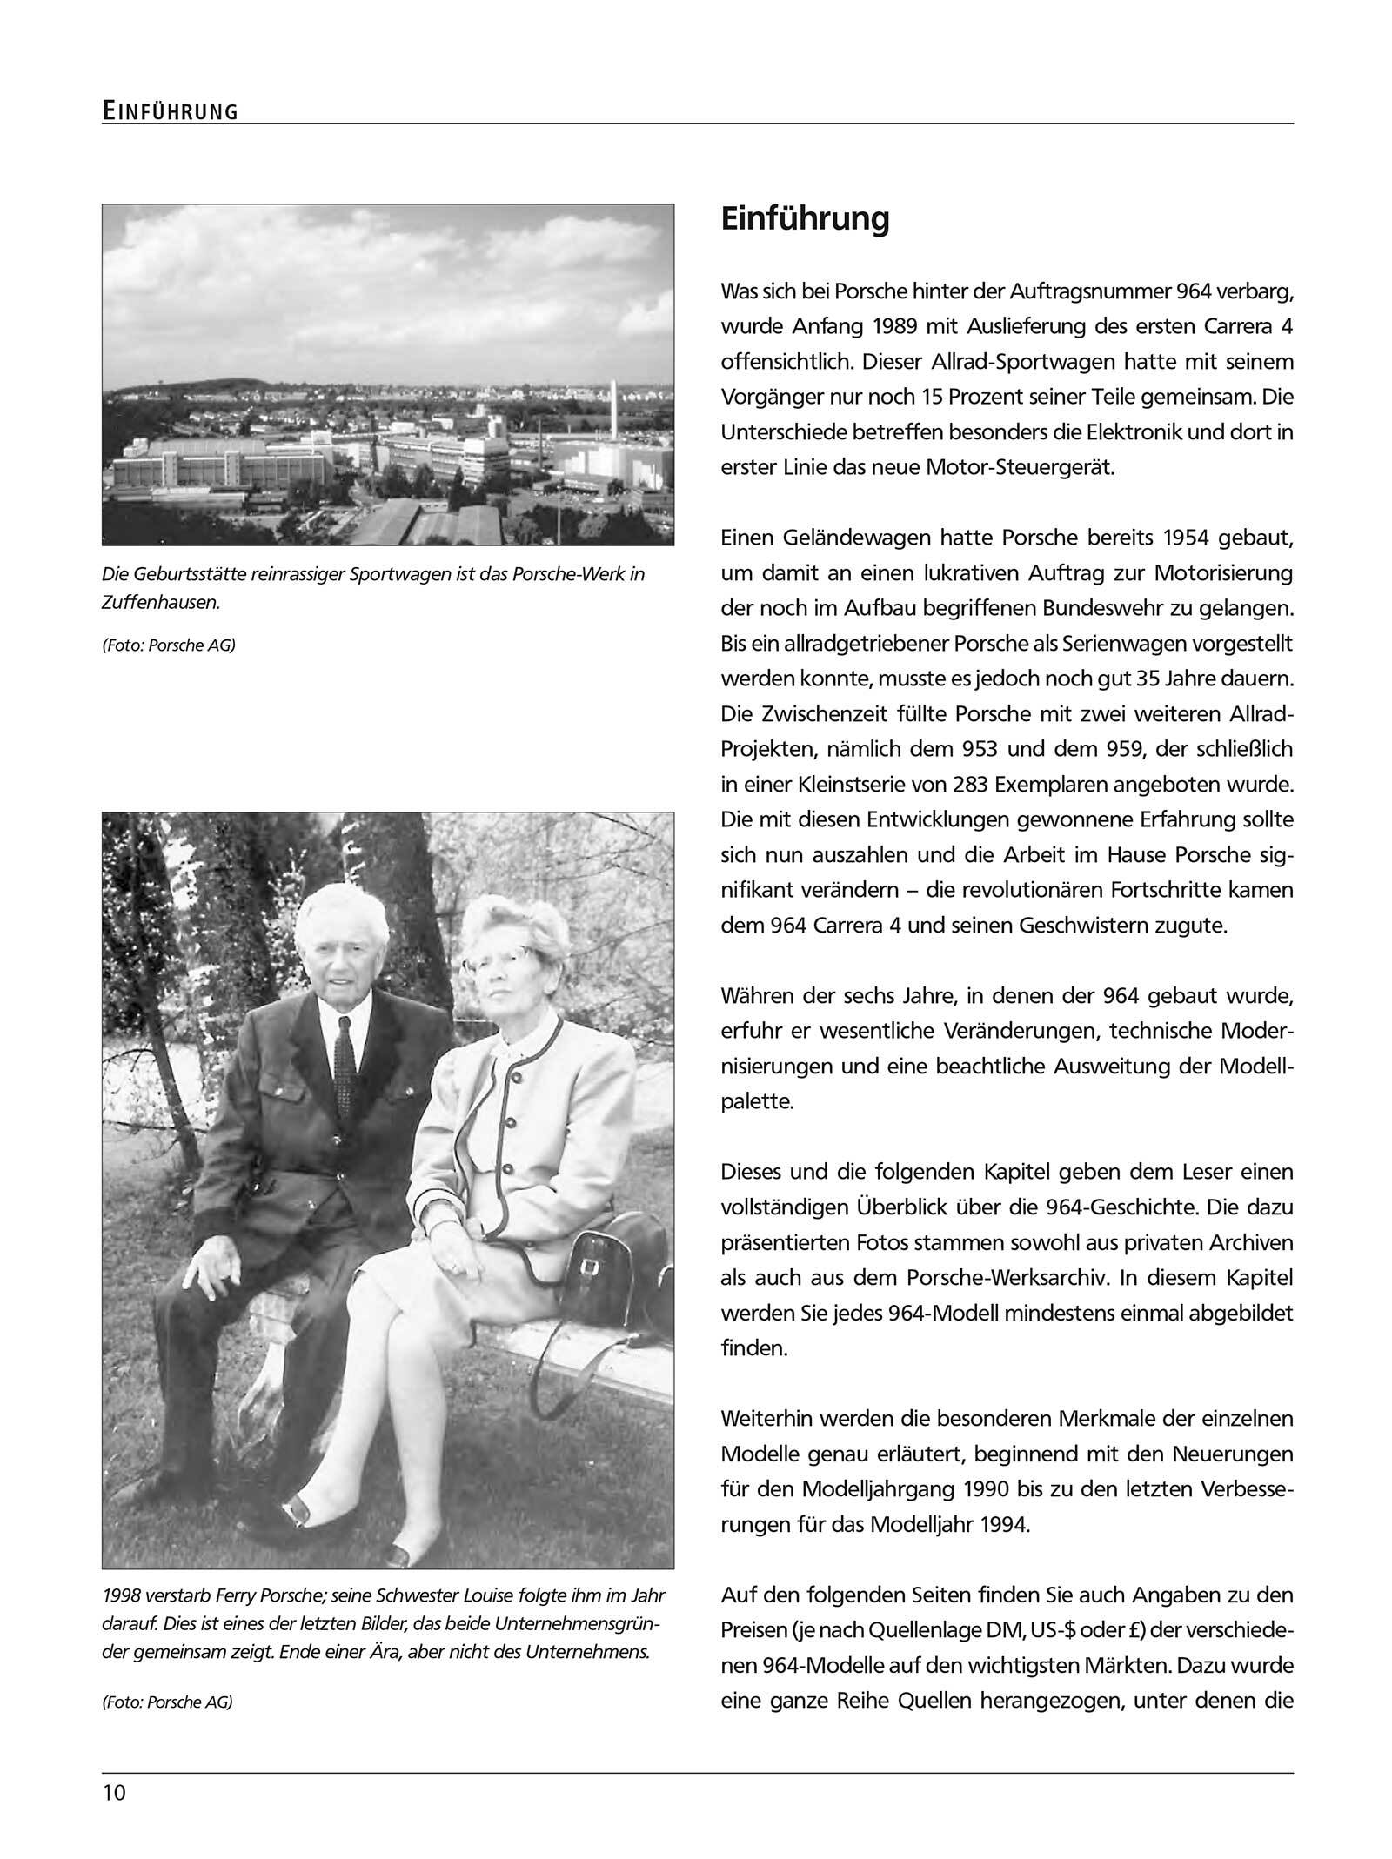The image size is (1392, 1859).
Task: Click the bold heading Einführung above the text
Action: click(x=805, y=218)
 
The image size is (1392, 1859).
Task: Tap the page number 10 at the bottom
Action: click(x=114, y=1794)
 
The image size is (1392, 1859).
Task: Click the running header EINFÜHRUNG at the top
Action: click(x=170, y=110)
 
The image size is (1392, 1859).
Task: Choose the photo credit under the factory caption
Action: click(x=169, y=645)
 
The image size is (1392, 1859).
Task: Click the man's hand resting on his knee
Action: click(x=213, y=1276)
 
